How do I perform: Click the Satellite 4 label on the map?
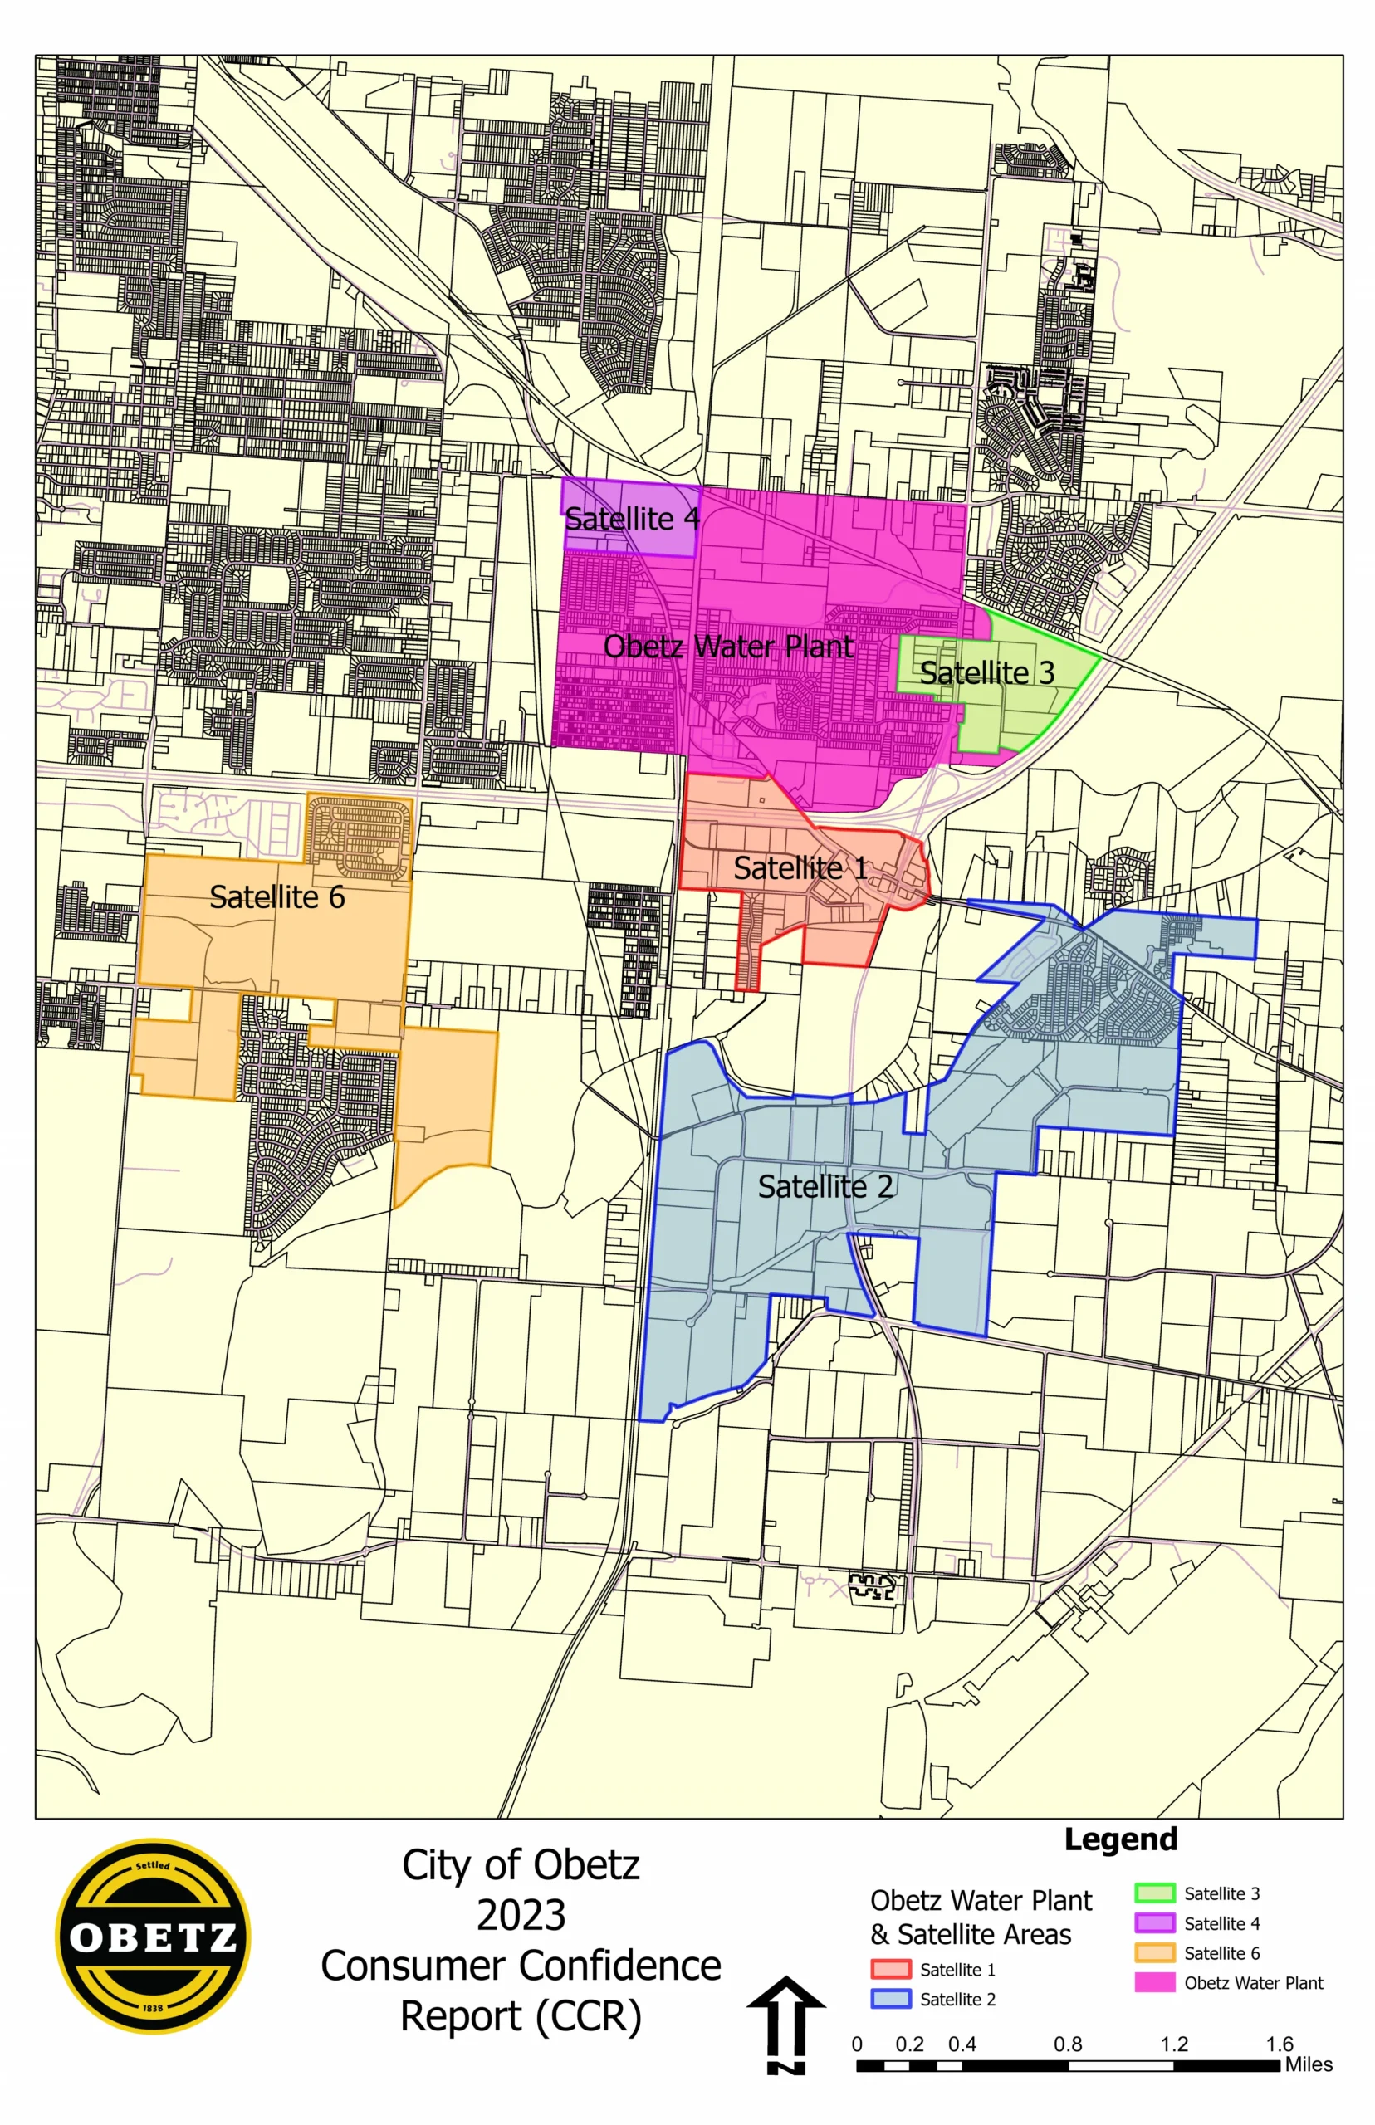click(x=631, y=519)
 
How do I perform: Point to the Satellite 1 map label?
click(x=799, y=867)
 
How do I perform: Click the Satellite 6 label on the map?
click(x=276, y=897)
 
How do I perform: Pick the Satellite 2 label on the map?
click(x=825, y=1186)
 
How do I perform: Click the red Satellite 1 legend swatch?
click(x=890, y=1969)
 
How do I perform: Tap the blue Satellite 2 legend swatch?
click(x=890, y=1998)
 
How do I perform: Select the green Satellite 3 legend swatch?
click(x=1153, y=1893)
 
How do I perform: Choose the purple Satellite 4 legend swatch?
click(x=1153, y=1923)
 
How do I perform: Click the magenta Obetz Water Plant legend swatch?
click(x=1153, y=1982)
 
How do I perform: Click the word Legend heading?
click(x=1121, y=1839)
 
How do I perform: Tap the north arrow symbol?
click(x=785, y=2025)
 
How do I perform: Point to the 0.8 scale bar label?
click(x=1067, y=2044)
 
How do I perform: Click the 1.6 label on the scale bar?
click(x=1279, y=2044)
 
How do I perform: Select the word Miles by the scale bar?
click(x=1308, y=2064)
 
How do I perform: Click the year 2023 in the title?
click(x=521, y=1915)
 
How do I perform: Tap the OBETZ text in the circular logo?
click(x=153, y=1937)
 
